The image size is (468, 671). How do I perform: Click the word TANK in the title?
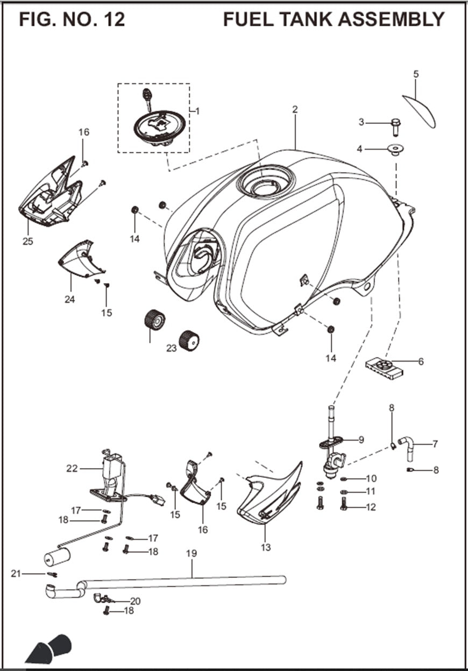click(x=302, y=19)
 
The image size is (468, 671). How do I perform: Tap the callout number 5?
click(x=416, y=74)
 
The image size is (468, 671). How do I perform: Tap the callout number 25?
click(x=27, y=242)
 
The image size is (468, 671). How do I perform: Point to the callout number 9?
click(x=361, y=440)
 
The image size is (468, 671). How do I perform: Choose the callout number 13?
click(x=265, y=548)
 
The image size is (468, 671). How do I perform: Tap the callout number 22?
click(x=72, y=469)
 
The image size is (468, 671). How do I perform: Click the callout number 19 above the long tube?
click(x=192, y=553)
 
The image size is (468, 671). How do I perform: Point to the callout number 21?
click(x=16, y=574)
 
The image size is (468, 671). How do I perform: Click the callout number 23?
click(x=171, y=348)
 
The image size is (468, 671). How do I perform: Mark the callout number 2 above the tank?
click(x=295, y=109)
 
